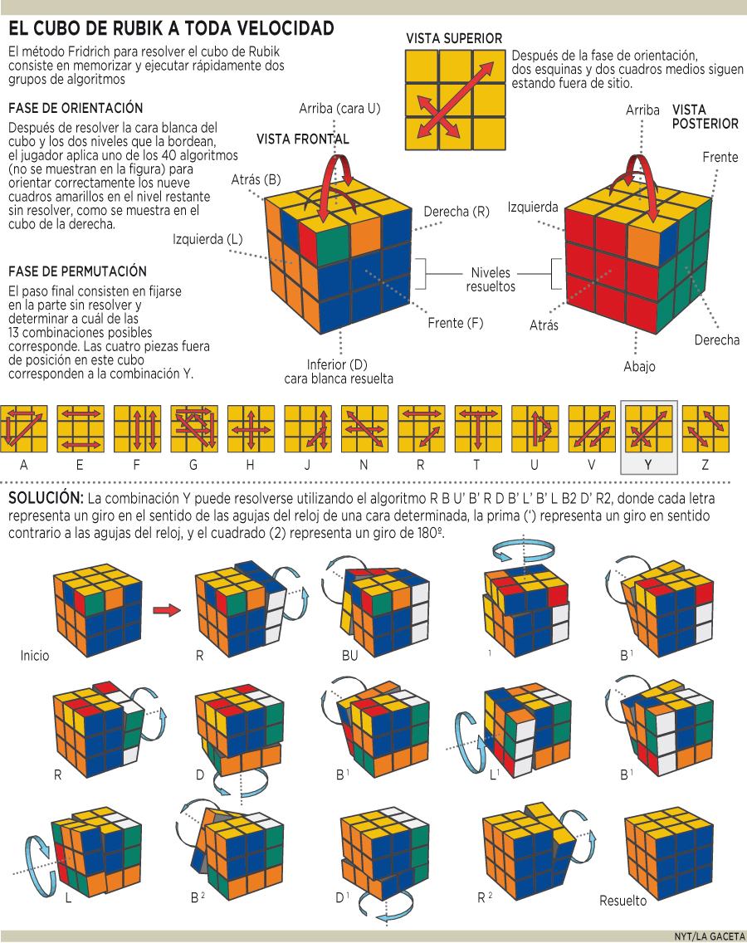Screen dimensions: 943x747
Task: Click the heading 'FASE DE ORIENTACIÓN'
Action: pos(76,109)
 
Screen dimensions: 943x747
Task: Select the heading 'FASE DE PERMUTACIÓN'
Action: pos(77,271)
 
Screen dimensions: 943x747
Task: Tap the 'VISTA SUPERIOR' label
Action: pos(453,38)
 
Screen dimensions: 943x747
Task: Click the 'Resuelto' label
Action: pos(622,901)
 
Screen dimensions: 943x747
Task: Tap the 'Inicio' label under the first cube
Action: pos(35,655)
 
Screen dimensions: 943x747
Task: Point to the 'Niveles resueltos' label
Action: pos(491,279)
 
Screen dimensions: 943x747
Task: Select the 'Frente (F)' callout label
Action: pos(455,323)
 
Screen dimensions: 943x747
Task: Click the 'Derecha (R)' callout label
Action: pos(456,212)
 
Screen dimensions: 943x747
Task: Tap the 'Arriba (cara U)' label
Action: pos(340,109)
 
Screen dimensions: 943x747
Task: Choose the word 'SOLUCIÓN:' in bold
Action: pos(46,499)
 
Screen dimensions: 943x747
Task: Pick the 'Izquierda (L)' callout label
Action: pos(207,240)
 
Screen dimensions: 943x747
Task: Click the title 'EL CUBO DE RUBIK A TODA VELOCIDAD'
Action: pos(171,29)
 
